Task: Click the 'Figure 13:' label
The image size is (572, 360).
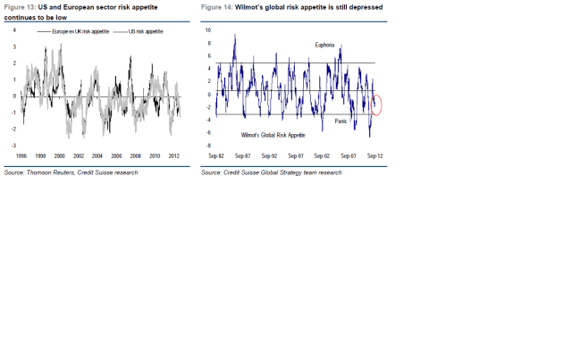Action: [x=20, y=7]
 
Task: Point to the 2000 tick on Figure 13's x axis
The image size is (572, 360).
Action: [x=60, y=154]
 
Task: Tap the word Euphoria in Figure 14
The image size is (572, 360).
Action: [x=326, y=44]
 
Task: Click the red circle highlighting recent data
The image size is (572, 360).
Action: [x=376, y=105]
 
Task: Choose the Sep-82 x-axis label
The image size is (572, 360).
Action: [x=215, y=155]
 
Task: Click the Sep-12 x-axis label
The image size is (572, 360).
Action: [x=374, y=155]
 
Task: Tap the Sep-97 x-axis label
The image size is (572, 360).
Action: [x=295, y=155]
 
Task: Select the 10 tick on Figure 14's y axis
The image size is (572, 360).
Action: [x=207, y=29]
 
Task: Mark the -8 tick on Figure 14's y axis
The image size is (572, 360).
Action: [x=207, y=145]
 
